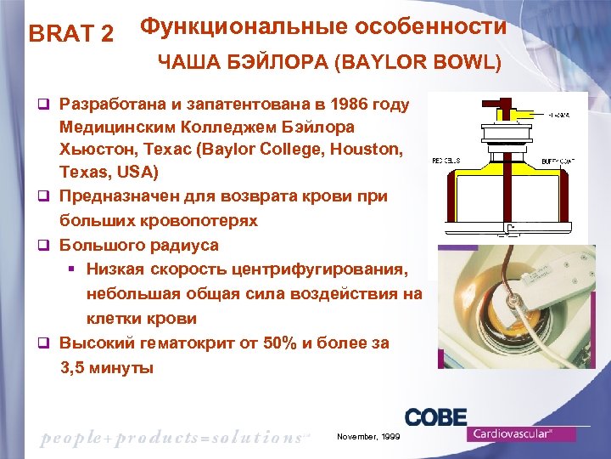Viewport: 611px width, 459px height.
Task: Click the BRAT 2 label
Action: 71,34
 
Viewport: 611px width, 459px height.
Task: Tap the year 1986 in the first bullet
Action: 349,105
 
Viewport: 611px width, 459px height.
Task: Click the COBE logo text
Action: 435,418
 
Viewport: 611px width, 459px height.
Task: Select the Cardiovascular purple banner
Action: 521,433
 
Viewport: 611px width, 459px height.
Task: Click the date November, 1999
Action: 367,436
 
